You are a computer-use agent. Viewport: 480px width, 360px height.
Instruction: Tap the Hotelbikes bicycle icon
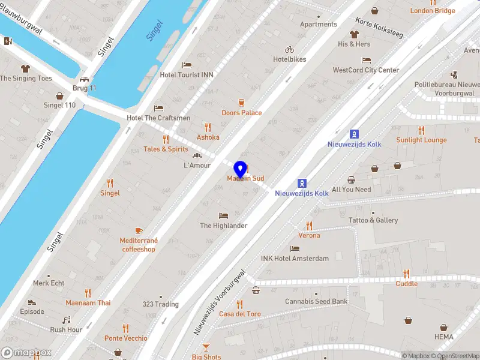click(x=290, y=50)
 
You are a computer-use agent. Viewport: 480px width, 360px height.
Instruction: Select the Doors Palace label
click(x=242, y=113)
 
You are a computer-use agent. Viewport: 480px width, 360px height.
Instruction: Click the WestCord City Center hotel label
click(x=366, y=70)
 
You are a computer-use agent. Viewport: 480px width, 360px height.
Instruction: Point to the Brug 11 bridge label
click(x=85, y=88)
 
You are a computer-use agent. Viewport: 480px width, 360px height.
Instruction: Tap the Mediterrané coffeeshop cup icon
click(x=138, y=230)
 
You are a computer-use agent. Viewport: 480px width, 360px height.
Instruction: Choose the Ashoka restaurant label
click(x=208, y=137)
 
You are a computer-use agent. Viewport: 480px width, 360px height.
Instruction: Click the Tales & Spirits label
click(x=166, y=149)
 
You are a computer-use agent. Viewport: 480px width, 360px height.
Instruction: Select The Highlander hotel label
click(x=224, y=226)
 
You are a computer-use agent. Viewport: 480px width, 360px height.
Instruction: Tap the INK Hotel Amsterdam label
click(x=295, y=259)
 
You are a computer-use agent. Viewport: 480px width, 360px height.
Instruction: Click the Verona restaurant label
click(x=310, y=235)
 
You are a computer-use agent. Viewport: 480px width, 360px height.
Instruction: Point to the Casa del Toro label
click(x=240, y=314)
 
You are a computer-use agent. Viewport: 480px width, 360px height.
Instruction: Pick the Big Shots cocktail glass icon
click(x=206, y=347)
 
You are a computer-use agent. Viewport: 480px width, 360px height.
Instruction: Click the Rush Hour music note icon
click(x=67, y=320)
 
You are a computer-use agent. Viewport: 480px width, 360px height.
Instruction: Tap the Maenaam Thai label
click(x=88, y=302)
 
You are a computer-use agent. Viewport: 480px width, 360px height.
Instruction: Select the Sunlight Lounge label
click(x=421, y=140)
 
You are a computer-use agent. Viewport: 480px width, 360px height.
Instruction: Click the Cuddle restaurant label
click(x=406, y=283)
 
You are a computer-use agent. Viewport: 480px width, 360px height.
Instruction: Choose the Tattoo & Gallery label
click(x=373, y=220)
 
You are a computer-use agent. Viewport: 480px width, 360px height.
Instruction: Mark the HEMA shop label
click(x=444, y=337)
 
